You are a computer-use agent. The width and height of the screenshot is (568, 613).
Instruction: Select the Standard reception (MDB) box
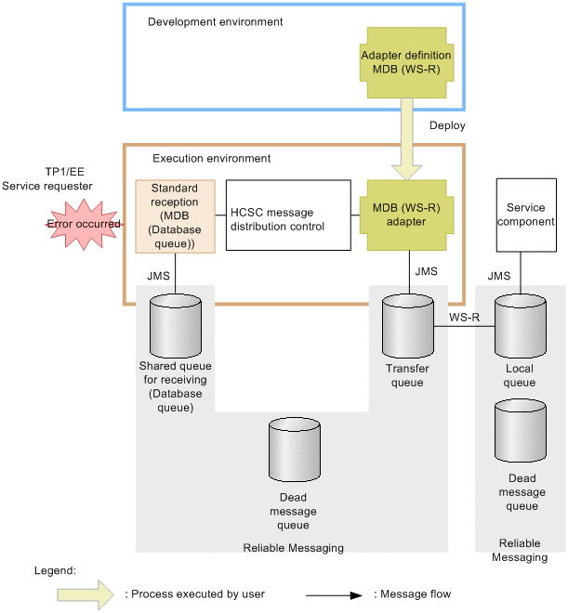point(175,215)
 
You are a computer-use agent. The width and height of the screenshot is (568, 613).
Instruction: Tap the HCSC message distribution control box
point(288,215)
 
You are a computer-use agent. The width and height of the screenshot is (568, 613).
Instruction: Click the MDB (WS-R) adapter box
point(406,215)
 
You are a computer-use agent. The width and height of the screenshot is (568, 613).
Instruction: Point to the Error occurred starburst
point(85,224)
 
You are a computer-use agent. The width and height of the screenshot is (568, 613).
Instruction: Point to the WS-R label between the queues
point(464,317)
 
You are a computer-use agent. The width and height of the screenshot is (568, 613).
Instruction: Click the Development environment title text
point(216,20)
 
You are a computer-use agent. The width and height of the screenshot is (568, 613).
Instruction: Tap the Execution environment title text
point(212,159)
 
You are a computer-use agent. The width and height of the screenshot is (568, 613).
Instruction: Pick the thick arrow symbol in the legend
point(86,593)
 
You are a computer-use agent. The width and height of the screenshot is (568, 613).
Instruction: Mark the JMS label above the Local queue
point(499,276)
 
